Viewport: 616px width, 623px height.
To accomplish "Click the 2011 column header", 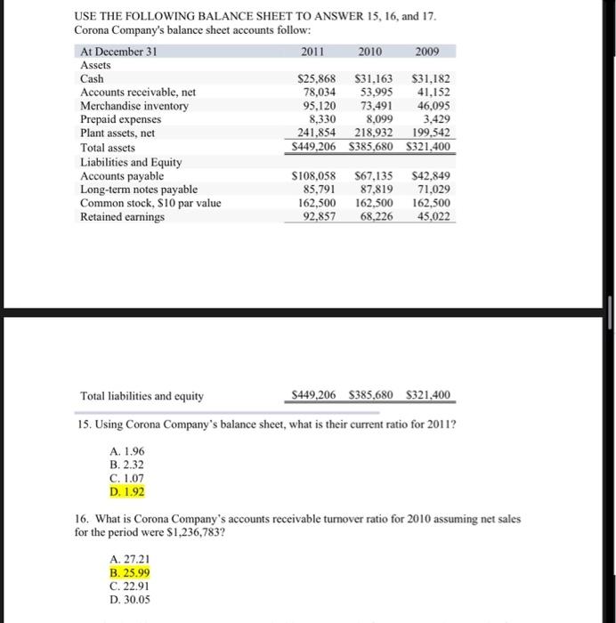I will pyautogui.click(x=313, y=52).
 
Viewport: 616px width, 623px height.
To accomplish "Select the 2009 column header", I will pyautogui.click(x=426, y=52).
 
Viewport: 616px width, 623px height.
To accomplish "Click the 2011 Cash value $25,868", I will pyautogui.click(x=312, y=79).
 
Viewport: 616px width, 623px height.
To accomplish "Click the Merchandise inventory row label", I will pyautogui.click(x=134, y=106).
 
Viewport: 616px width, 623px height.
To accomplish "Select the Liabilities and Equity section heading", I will pyautogui.click(x=131, y=163).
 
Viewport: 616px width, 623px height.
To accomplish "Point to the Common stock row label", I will pyautogui.click(x=150, y=203).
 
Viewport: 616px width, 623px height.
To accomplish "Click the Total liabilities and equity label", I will pyautogui.click(x=142, y=396).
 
